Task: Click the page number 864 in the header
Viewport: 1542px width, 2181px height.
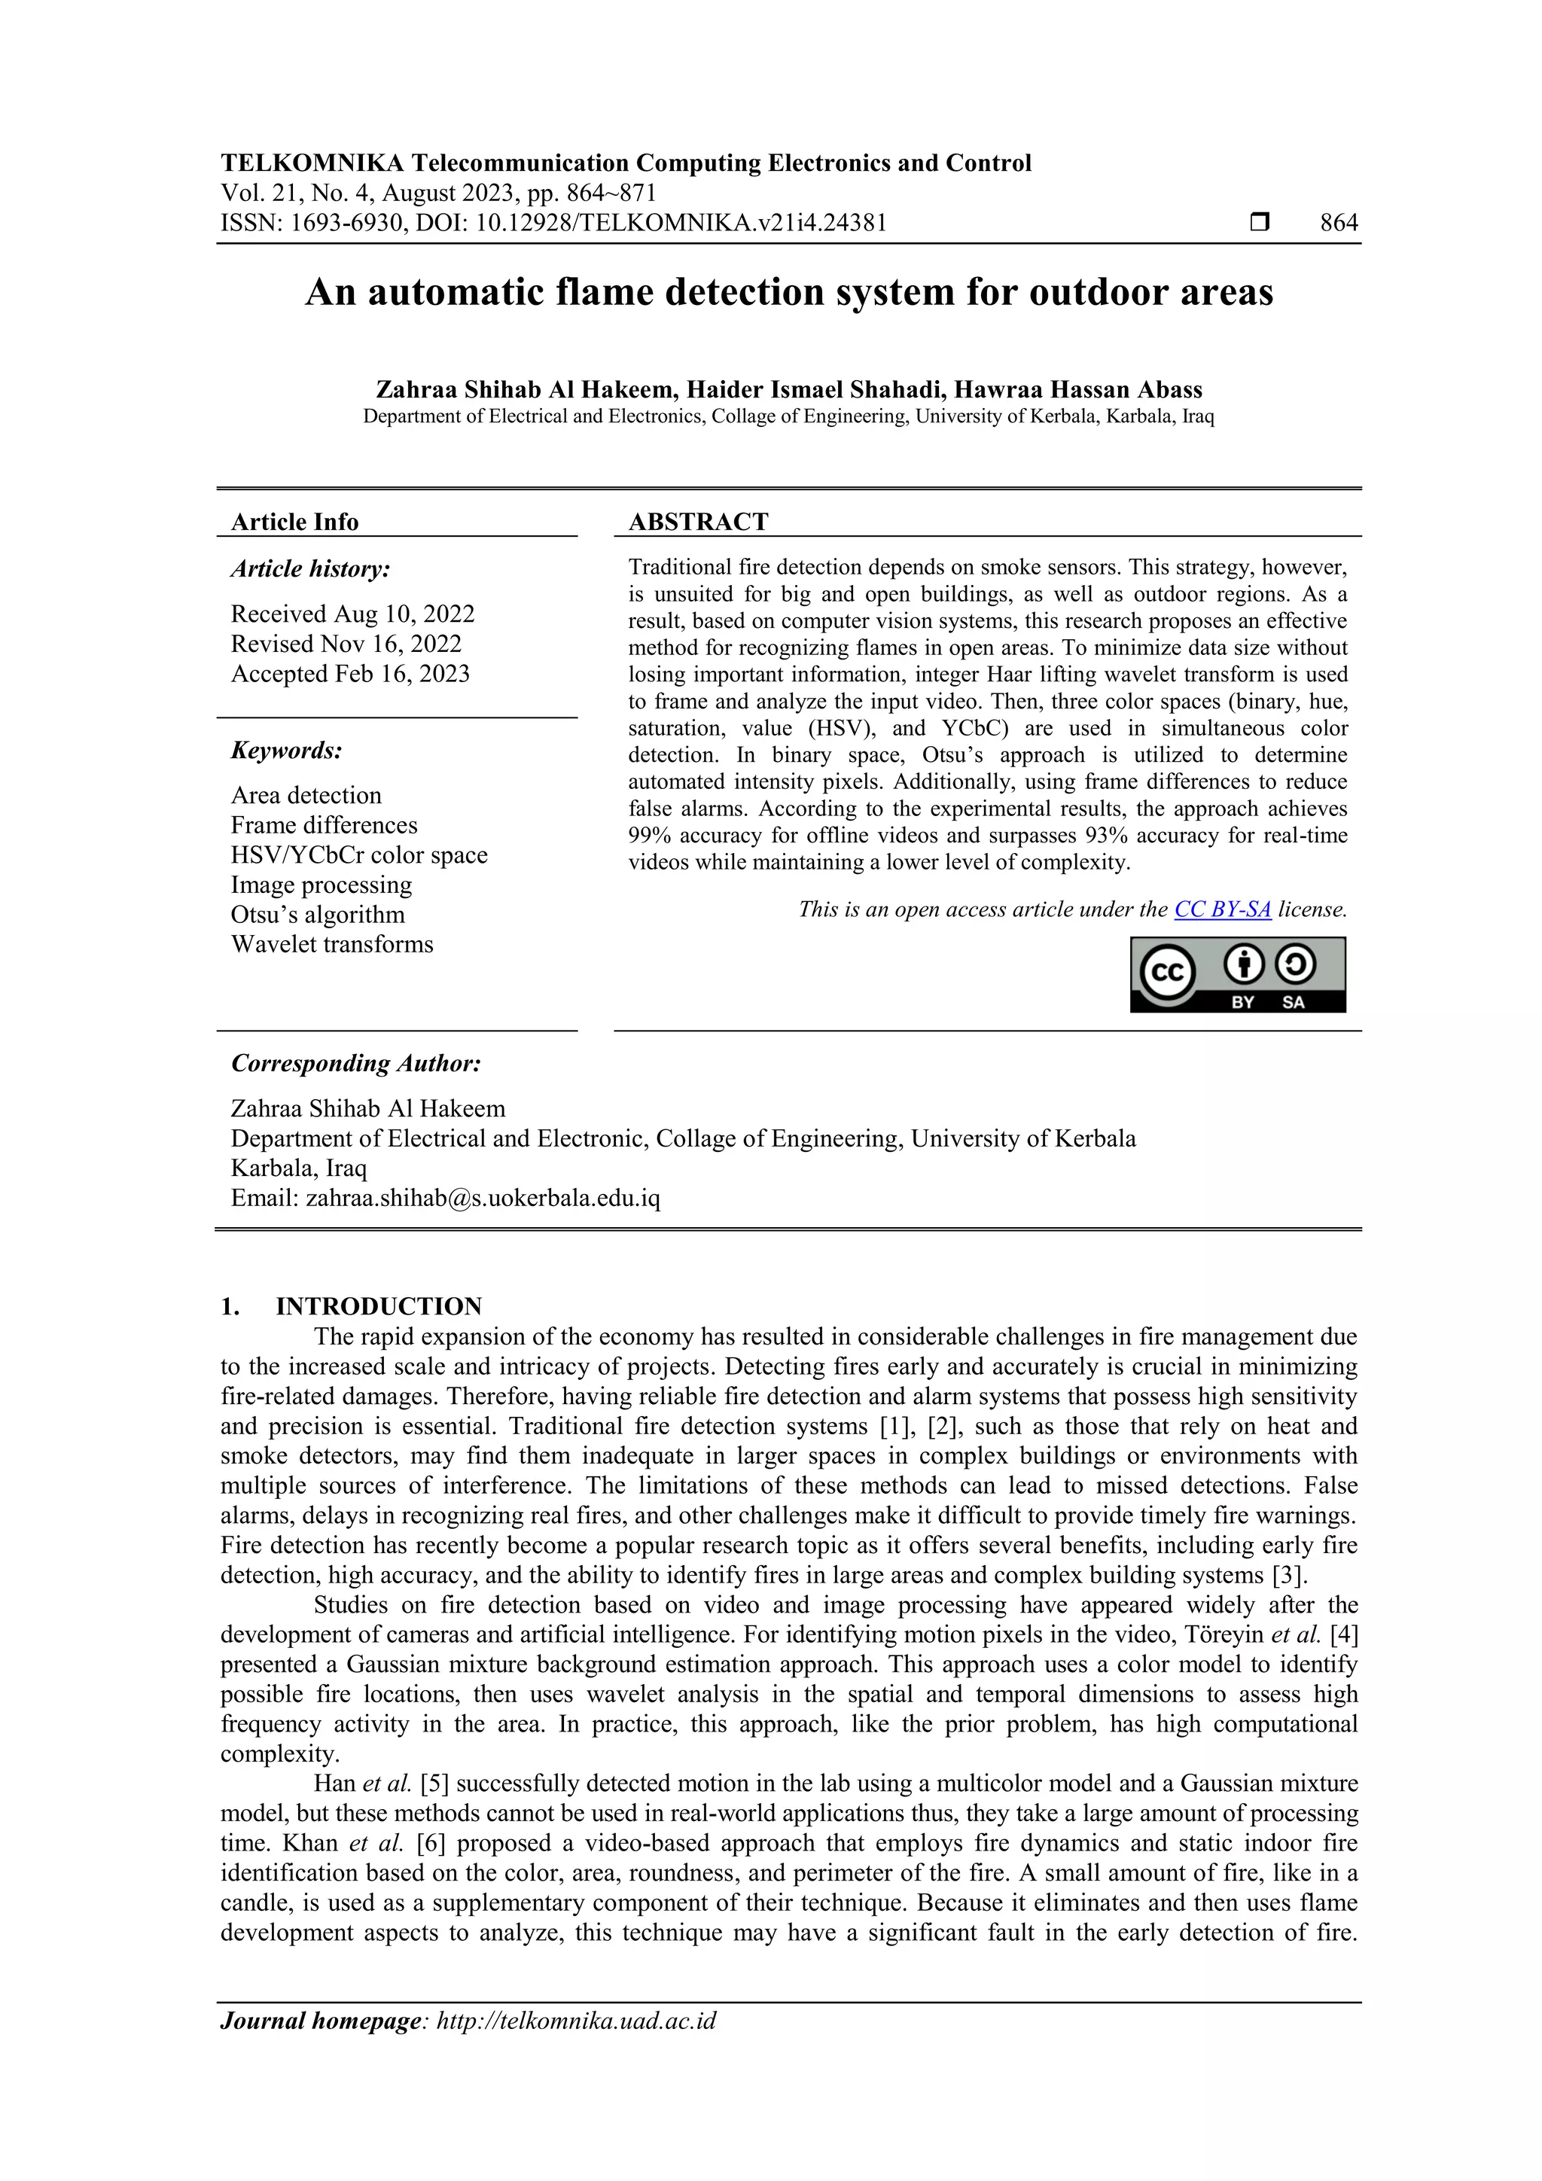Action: click(x=1338, y=224)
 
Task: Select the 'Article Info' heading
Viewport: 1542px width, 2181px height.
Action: click(x=294, y=522)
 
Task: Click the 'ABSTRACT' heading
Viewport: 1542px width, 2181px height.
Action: click(x=698, y=522)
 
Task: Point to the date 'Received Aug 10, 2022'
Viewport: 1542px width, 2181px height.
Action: click(x=352, y=614)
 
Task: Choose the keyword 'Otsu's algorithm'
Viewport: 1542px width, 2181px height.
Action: click(x=317, y=915)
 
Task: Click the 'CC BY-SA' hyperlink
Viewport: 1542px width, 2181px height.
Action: click(x=1222, y=909)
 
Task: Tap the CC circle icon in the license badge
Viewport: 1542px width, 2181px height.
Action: click(x=1167, y=973)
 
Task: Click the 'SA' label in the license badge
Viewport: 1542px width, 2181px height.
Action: click(x=1293, y=1002)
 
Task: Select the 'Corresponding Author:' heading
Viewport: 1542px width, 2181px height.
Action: click(x=355, y=1063)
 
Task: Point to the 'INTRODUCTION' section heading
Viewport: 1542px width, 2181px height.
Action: click(x=378, y=1306)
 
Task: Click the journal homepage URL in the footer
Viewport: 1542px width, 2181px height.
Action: click(x=576, y=2021)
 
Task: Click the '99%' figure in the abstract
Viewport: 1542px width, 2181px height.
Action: click(x=649, y=835)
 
